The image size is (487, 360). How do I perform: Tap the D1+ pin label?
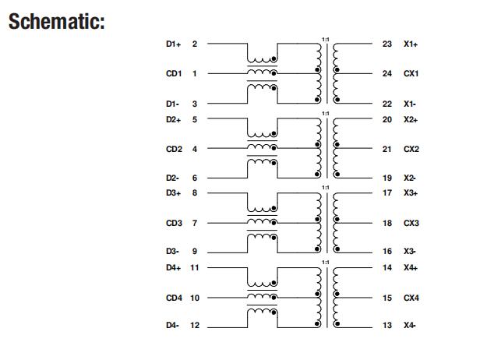[173, 44]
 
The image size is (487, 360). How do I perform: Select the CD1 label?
[173, 74]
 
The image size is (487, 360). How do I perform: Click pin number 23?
[387, 44]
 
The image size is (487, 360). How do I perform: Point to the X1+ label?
[411, 44]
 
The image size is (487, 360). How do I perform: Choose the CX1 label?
[411, 74]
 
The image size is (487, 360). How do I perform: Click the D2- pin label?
[173, 178]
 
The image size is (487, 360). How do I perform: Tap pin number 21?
[387, 149]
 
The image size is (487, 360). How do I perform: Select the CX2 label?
[411, 149]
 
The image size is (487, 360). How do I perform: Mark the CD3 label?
[173, 223]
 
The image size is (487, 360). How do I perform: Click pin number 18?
[387, 223]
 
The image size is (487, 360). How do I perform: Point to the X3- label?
[410, 252]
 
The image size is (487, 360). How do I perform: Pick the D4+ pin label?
[173, 267]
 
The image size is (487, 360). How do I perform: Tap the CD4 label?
[173, 298]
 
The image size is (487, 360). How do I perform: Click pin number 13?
[387, 326]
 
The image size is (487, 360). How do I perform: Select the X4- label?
[410, 326]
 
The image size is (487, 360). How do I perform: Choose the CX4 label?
[411, 298]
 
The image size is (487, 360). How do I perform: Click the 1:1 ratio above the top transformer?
[325, 39]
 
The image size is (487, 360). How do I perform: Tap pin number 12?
[195, 326]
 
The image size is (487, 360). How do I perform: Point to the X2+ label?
[411, 119]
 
